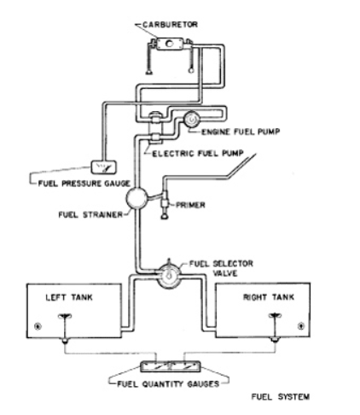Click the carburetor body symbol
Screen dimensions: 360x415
(170, 44)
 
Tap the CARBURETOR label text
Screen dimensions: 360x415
(170, 25)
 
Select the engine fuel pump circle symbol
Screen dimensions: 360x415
(191, 119)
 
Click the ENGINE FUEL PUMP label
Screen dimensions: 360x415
(241, 132)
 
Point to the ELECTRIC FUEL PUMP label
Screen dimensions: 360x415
(198, 154)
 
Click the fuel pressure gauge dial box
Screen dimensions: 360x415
(104, 167)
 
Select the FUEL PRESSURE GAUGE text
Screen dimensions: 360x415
(84, 184)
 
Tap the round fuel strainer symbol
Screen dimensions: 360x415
(136, 198)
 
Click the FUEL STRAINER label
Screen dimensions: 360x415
(90, 214)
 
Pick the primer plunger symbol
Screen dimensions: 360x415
(165, 204)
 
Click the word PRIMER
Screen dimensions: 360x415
(190, 205)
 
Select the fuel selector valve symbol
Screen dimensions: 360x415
(169, 275)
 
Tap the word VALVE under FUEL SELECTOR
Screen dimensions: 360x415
(225, 273)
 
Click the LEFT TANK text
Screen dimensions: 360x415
(69, 297)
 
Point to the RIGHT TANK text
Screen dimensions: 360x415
(269, 297)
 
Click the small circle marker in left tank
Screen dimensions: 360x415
(38, 326)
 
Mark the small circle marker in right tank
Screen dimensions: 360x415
(301, 326)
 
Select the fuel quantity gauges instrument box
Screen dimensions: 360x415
(170, 366)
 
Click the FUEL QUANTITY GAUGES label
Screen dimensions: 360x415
(168, 384)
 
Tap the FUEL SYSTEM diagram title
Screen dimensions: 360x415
(281, 396)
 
